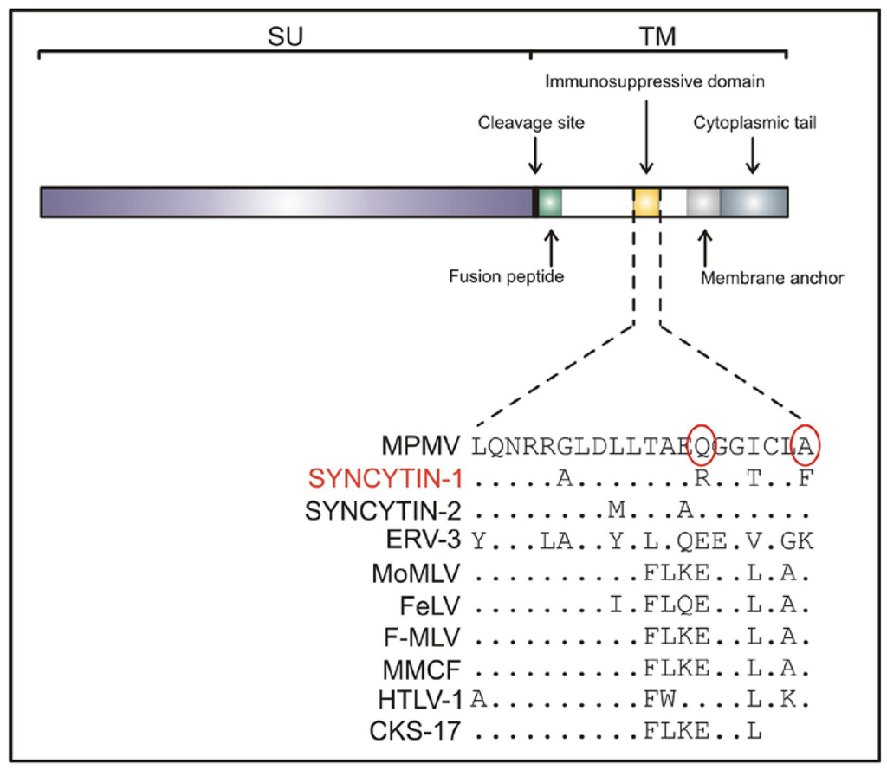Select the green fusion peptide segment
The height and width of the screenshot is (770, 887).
tap(550, 202)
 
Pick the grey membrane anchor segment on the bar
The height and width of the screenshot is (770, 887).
tap(702, 202)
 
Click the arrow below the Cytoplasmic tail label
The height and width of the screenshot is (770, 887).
tap(753, 156)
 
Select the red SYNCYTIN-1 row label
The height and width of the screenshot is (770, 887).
tap(386, 477)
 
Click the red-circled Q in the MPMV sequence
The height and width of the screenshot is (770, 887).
tap(702, 447)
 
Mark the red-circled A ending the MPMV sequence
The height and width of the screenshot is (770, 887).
tap(806, 447)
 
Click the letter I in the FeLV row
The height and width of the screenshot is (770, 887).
tap(616, 605)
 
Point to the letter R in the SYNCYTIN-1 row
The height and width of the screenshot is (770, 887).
tap(702, 478)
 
